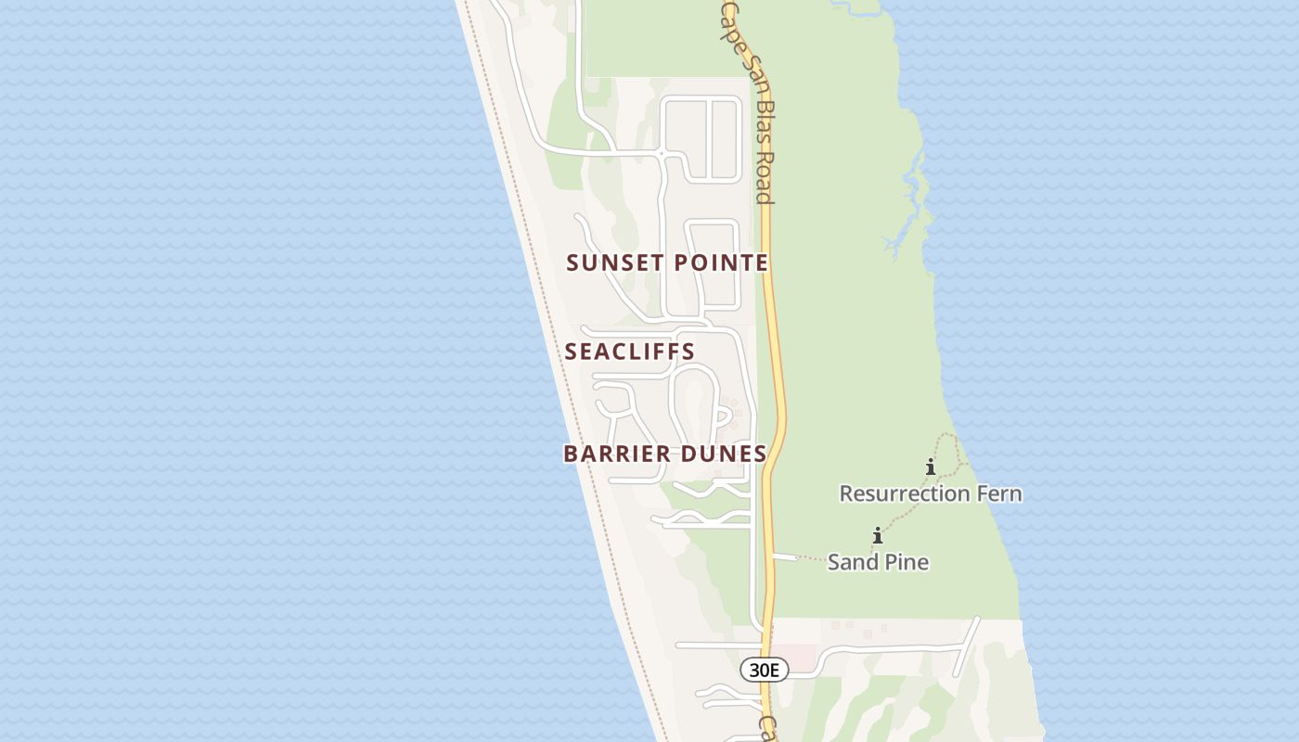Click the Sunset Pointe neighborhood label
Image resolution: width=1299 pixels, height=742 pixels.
(667, 262)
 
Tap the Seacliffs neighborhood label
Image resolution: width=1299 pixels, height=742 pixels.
(630, 352)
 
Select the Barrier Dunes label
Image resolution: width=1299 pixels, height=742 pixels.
(665, 454)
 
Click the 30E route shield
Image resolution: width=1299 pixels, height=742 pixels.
(764, 670)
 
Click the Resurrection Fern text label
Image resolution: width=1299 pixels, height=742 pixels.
(931, 493)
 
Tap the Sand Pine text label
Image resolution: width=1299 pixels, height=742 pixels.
(878, 562)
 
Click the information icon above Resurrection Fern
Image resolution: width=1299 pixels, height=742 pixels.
(931, 467)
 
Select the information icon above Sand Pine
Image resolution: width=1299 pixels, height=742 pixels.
(878, 535)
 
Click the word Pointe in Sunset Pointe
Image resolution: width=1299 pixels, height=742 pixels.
(721, 262)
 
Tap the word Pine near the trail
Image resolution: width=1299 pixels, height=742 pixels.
(905, 562)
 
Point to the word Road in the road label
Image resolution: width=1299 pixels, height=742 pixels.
(764, 178)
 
